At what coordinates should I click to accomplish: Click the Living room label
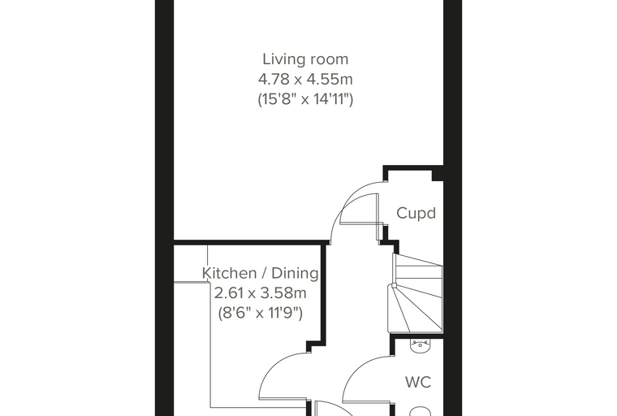305,59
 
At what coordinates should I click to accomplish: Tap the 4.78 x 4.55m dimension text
305,79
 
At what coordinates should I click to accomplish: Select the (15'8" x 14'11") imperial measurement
305,99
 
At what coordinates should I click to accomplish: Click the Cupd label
416,213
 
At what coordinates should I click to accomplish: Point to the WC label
418,382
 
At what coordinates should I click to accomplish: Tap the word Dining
296,273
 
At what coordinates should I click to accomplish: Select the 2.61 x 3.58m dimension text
260,293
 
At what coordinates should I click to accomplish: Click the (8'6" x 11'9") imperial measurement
260,313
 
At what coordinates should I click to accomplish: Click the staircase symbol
416,293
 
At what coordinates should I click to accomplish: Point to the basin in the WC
421,345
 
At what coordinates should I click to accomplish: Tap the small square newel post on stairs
394,286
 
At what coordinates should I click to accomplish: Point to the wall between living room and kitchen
251,241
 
